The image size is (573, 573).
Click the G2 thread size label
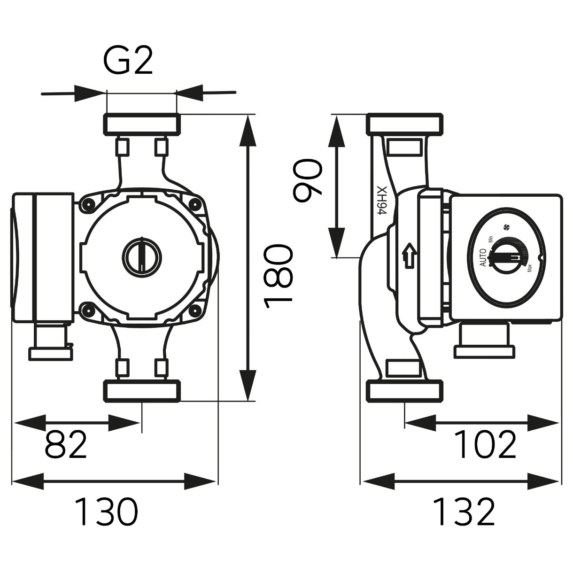(128, 61)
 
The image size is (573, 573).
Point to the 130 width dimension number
(106, 512)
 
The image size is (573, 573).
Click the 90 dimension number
(308, 180)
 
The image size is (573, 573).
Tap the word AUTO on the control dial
(484, 257)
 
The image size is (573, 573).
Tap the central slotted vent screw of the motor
(142, 254)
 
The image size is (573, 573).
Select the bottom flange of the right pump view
(405, 391)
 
